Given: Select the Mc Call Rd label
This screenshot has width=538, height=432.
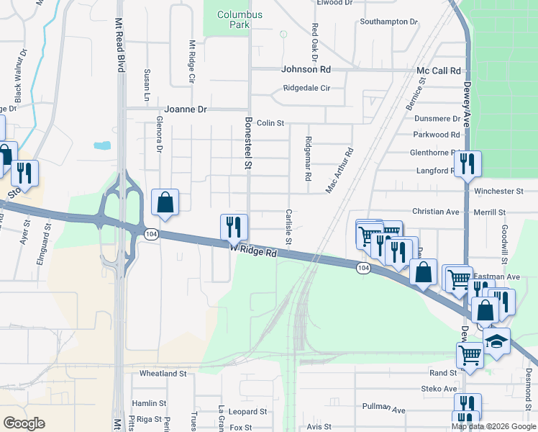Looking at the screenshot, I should click(x=438, y=71).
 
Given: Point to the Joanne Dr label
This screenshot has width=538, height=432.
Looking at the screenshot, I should click(x=186, y=109).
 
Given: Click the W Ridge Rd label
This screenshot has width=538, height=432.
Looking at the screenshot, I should click(x=254, y=250).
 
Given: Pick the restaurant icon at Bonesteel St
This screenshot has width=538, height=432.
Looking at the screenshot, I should click(x=234, y=228).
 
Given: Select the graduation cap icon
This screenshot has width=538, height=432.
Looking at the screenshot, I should click(x=496, y=341).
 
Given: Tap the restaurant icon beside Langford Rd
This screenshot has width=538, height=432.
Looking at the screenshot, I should click(x=468, y=163).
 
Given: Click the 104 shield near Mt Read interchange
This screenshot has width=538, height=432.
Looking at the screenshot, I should click(x=150, y=234).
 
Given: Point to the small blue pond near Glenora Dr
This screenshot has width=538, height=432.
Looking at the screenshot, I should click(x=102, y=145).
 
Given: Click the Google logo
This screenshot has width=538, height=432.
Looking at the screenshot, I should click(x=24, y=423).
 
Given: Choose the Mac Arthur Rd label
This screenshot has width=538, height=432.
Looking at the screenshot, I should click(x=340, y=171).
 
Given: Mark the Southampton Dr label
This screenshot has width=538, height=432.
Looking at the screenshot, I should click(x=388, y=22).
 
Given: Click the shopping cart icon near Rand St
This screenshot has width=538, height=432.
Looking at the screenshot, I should click(x=470, y=354).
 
